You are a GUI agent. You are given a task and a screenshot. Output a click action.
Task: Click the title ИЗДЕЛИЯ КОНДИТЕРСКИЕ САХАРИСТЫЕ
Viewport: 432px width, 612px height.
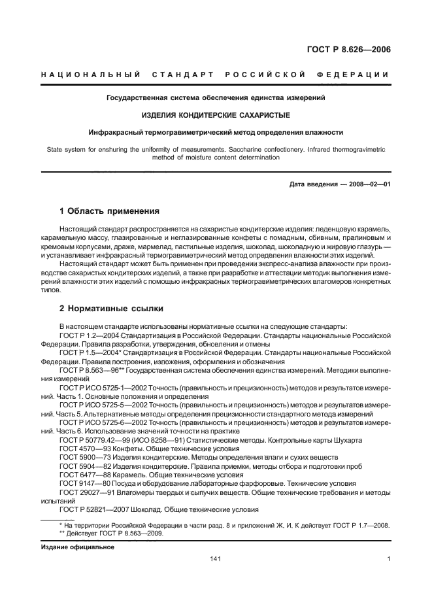point(216,114)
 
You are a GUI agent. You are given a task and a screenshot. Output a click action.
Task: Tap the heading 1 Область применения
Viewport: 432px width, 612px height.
point(109,211)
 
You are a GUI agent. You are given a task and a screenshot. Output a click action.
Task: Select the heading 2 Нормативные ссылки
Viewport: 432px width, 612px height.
point(111,308)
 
